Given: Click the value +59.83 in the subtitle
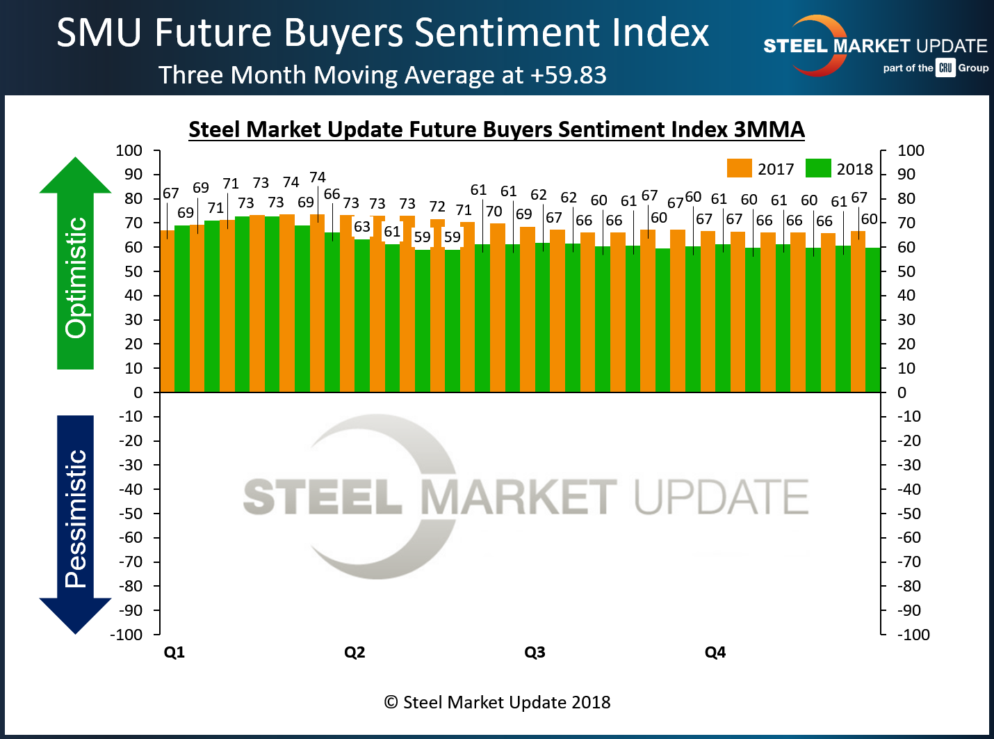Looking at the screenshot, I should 568,75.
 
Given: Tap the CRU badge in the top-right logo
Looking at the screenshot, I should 945,67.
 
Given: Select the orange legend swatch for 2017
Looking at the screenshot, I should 739,168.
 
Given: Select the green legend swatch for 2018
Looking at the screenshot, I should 818,168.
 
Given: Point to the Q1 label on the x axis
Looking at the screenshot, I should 174,652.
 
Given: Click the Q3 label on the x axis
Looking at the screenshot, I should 535,652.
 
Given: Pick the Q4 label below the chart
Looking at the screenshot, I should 715,652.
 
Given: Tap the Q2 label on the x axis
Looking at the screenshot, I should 355,652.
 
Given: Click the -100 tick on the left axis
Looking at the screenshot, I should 126,635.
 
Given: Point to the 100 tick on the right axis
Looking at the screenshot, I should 911,150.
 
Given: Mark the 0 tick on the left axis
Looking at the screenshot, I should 138,392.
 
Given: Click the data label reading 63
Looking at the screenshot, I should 362,227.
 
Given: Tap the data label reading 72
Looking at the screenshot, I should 437,207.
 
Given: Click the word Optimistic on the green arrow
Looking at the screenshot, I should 75,278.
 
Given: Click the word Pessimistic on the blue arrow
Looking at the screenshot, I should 75,518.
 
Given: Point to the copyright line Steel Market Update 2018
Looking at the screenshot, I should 497,702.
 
